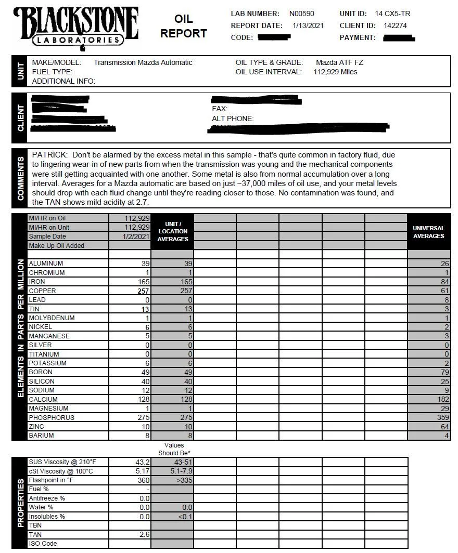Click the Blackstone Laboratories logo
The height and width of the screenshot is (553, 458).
(x=77, y=27)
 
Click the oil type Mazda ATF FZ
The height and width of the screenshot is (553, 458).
(x=339, y=62)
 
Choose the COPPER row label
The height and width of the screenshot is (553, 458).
(x=42, y=291)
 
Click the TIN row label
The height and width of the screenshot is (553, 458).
(x=34, y=309)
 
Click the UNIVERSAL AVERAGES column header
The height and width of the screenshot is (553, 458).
(x=428, y=232)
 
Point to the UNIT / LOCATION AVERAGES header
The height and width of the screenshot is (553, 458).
(x=173, y=232)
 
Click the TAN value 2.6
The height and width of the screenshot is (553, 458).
(x=144, y=535)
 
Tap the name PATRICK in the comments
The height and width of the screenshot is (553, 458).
(x=49, y=155)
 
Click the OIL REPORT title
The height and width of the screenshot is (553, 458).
(x=183, y=27)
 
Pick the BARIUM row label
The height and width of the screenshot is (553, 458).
(x=41, y=436)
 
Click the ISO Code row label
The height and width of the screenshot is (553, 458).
(x=43, y=544)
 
